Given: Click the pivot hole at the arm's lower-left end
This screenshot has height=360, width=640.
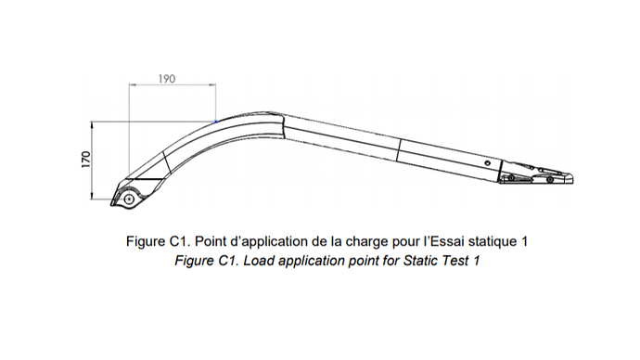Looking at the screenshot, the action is pos(129,198).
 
